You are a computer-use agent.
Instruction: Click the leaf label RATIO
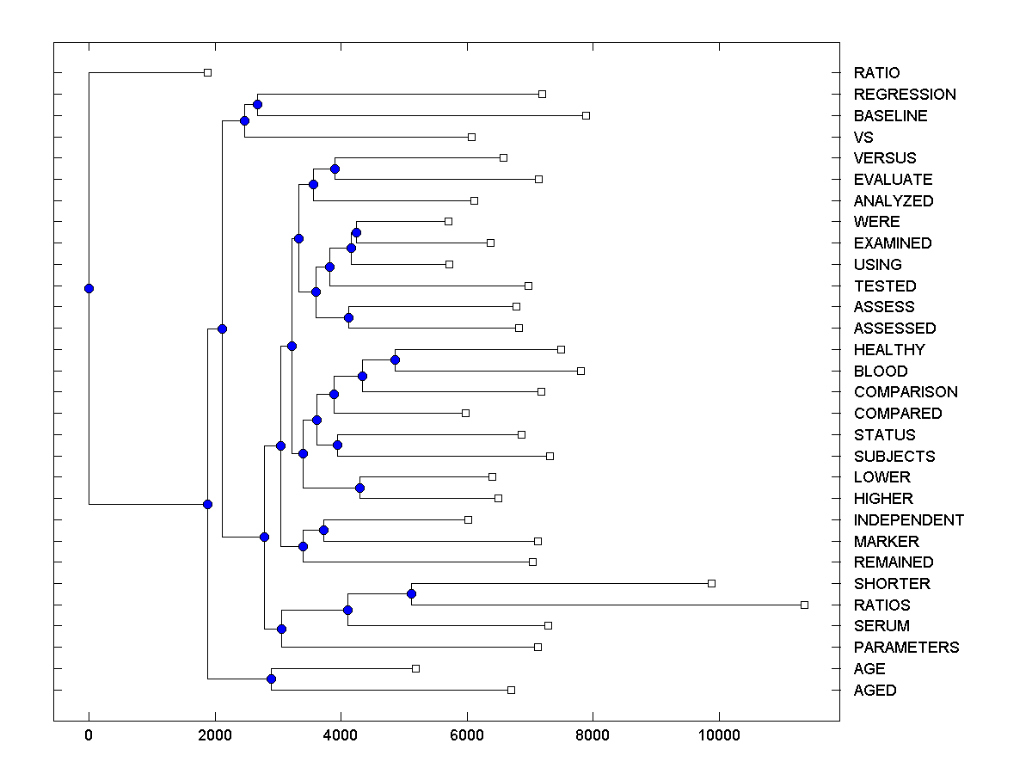[876, 73]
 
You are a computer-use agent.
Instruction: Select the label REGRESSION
[905, 95]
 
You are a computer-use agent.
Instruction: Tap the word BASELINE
[890, 116]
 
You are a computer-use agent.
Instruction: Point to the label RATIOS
[881, 605]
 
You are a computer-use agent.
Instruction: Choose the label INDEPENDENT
[908, 520]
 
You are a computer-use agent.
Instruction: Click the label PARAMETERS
[906, 648]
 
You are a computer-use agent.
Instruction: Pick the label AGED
[875, 691]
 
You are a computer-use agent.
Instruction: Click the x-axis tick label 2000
[215, 734]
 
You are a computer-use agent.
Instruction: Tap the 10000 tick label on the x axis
[718, 734]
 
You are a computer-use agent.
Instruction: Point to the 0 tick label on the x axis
[89, 734]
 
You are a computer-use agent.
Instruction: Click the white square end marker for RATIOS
[804, 605]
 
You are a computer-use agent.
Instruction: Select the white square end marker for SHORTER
[711, 583]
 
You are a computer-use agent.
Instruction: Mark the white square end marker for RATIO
[207, 73]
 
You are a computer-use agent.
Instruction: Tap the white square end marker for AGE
[415, 668]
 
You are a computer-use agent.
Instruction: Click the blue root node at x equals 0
[89, 288]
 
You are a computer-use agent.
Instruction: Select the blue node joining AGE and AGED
[271, 679]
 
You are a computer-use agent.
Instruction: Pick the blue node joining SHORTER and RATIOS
[411, 594]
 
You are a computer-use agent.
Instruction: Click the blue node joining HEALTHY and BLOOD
[395, 359]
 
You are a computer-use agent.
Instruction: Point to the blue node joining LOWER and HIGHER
[359, 488]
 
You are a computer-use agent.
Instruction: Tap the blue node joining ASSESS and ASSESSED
[348, 318]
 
